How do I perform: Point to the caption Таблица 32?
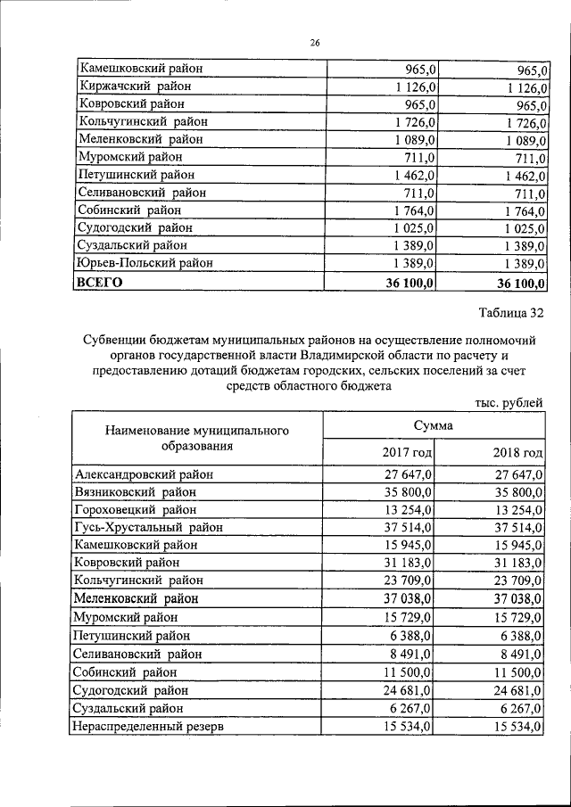tap(510, 312)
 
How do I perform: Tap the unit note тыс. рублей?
tap(509, 403)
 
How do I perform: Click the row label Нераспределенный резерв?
tap(149, 727)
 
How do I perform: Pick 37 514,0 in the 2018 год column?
tap(517, 527)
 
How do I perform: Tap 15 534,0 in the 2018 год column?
tap(517, 727)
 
